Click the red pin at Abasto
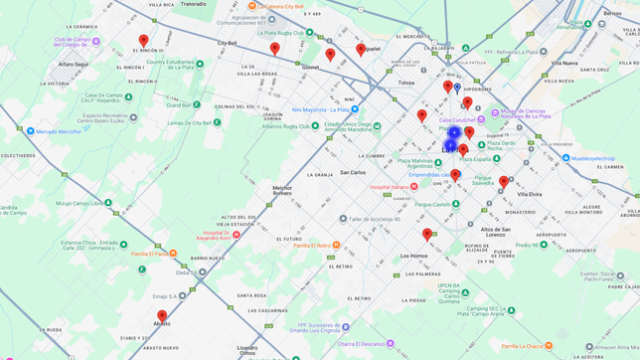tap(162, 316)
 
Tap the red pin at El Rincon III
tap(143, 42)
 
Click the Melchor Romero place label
tap(282, 190)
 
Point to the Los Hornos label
tap(413, 256)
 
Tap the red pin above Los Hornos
tap(427, 235)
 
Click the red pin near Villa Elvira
tap(503, 182)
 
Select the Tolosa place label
tap(405, 84)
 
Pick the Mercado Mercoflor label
tap(59, 131)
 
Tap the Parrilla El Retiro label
tap(317, 246)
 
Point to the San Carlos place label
tap(352, 172)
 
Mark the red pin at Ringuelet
tap(361, 49)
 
